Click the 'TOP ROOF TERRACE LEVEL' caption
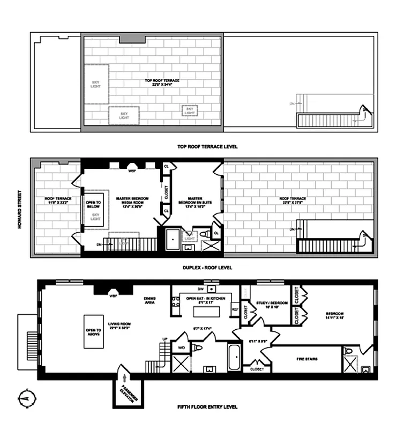(207, 146)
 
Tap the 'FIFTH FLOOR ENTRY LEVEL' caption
(207, 407)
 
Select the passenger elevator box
(126, 390)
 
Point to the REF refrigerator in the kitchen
(235, 309)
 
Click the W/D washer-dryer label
(180, 348)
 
